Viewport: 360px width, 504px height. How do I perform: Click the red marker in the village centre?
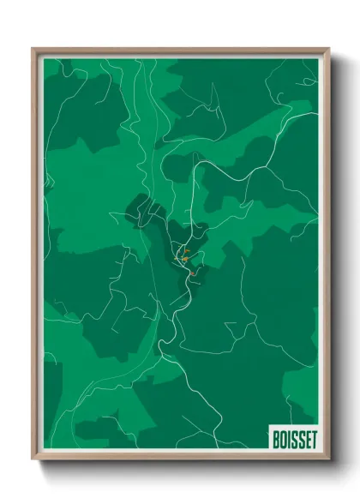click(x=194, y=273)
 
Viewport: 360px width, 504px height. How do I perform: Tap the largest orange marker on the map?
click(x=184, y=258)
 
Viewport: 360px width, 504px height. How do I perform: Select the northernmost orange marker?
click(x=187, y=251)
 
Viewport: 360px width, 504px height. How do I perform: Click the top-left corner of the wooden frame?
click(x=33, y=50)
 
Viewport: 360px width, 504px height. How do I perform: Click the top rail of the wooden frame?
click(x=180, y=51)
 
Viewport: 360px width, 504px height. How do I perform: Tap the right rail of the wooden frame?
click(x=327, y=257)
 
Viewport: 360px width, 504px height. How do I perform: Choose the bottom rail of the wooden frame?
click(x=180, y=458)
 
